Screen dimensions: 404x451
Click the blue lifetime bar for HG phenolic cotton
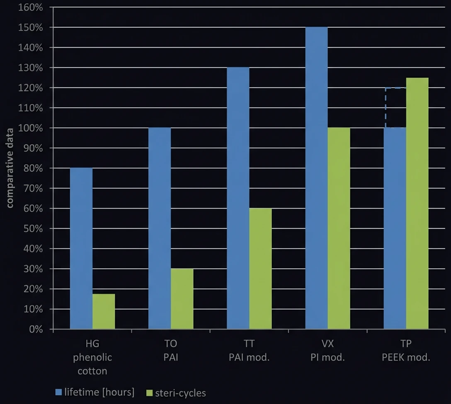coord(81,248)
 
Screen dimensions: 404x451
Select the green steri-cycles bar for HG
coord(104,312)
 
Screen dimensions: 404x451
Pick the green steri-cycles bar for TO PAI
coord(182,299)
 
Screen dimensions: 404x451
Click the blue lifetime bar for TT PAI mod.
coord(238,198)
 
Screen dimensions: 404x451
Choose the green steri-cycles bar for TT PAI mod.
coord(260,269)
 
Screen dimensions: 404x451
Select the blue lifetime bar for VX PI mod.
coord(316,178)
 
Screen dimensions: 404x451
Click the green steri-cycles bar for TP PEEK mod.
coord(417,203)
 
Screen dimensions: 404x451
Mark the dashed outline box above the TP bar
coord(395,108)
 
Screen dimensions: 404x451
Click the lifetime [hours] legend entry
coord(95,392)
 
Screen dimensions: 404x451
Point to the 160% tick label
coord(31,7)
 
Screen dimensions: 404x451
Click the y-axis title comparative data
coord(10,168)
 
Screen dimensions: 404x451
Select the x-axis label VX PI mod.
coord(327,351)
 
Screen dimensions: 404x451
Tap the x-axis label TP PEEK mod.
coord(406,351)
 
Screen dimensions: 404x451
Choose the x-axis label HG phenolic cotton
coord(92,357)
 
